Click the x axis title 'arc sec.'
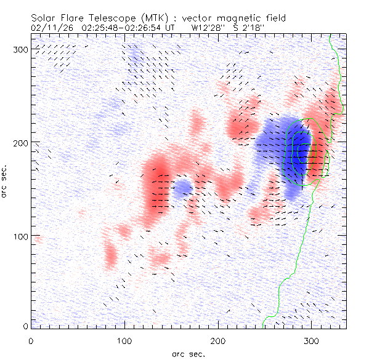[x=188, y=353]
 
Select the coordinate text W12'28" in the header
[x=208, y=28]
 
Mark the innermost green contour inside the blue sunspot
[x=299, y=151]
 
